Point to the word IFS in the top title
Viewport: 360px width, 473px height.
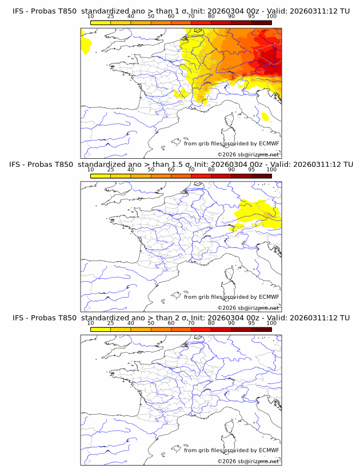coord(19,11)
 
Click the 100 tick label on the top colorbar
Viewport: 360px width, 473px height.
coord(271,16)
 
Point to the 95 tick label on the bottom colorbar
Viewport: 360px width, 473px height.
coord(251,323)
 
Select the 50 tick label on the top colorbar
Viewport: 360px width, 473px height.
coord(151,16)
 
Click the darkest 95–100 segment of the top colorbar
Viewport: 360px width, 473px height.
coord(262,22)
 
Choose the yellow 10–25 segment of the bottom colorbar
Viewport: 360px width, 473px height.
coord(101,329)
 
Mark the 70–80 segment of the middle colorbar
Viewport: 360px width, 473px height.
coord(201,175)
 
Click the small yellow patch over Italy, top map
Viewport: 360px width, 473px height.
coord(265,117)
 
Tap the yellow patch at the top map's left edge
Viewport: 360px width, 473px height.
coord(86,45)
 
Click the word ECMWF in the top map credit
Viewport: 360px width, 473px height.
coord(269,143)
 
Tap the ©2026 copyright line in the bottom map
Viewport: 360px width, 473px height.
coord(249,462)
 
